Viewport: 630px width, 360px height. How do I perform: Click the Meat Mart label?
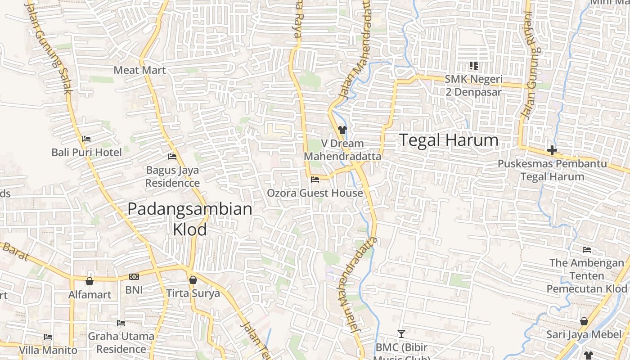[x=139, y=70]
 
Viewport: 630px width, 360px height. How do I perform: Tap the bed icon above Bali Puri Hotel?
[x=86, y=139]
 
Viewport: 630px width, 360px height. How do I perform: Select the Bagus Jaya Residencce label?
[x=172, y=177]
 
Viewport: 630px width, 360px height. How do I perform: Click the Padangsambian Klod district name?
[x=189, y=219]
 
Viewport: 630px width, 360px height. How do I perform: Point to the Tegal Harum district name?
[x=449, y=140]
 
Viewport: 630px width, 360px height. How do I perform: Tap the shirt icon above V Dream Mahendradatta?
[x=342, y=130]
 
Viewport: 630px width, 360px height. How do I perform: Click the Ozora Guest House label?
[x=315, y=193]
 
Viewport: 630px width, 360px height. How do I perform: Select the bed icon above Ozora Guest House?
[x=315, y=180]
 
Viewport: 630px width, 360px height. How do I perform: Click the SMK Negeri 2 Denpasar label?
[x=473, y=85]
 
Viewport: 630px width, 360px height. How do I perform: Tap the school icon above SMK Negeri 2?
[x=473, y=66]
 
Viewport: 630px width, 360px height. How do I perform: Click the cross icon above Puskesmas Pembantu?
[x=552, y=150]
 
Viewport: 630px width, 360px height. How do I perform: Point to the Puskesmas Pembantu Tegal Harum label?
[x=552, y=170]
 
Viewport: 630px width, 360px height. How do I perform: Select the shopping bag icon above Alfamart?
[x=90, y=281]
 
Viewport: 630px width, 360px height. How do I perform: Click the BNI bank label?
[x=134, y=290]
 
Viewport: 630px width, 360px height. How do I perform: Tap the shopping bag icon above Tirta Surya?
[x=193, y=280]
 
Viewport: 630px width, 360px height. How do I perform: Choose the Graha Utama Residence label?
[x=121, y=342]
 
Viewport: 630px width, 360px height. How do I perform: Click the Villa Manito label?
[x=48, y=350]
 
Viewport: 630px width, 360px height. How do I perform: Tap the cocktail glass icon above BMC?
[x=401, y=333]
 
